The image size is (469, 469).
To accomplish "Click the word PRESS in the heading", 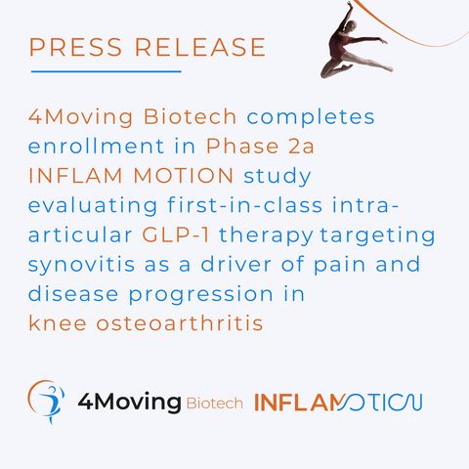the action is coord(75,47).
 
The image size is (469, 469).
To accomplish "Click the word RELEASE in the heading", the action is coord(200,47).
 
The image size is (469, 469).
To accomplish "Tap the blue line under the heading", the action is coord(107,71).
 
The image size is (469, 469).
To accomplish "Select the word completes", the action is coord(311,117).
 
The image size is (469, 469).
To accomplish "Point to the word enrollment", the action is coord(96,146).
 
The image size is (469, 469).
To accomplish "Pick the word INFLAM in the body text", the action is coord(75,176).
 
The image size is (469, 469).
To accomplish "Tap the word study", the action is coord(277,177).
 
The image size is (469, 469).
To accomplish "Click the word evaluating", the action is coord(93,206).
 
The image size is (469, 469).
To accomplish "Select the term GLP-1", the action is coord(176,234).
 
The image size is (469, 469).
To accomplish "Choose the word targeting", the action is coord(377,235).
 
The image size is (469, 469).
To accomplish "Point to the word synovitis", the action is coord(81,265).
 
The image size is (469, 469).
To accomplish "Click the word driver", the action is coord(235,264).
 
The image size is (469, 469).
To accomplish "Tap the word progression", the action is coord(201,294).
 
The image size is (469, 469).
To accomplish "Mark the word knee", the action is coord(58,322).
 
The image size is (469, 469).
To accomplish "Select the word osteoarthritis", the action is coord(180,322).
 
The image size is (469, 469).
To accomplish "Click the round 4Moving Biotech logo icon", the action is coord(46,402).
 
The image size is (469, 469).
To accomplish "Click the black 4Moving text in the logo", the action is coord(129,403).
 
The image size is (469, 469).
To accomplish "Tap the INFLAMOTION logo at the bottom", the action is coord(338,403).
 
